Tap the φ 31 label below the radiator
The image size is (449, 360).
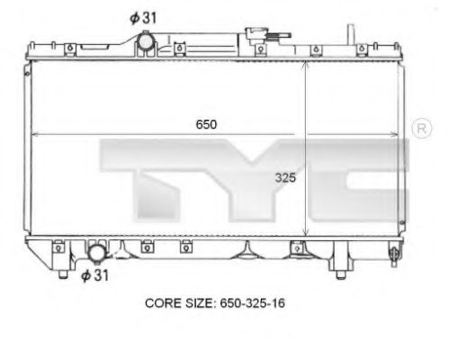click(94, 274)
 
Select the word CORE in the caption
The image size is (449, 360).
click(164, 303)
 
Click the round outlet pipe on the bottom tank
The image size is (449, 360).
click(95, 251)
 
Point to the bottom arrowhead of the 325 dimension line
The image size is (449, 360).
click(306, 236)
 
